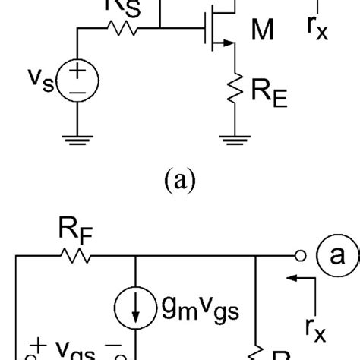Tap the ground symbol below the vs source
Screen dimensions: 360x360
point(78,139)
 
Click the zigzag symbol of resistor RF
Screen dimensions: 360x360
point(74,257)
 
